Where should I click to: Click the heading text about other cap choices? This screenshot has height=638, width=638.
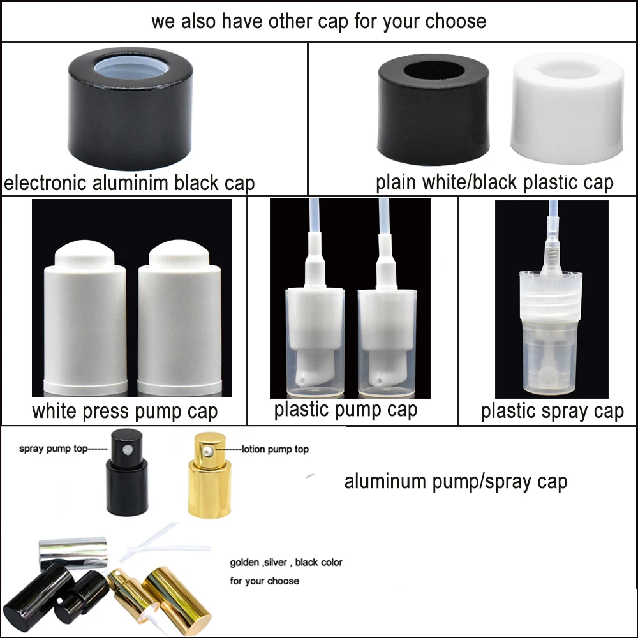(x=318, y=21)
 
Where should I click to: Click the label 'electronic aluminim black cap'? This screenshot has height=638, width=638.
(x=130, y=183)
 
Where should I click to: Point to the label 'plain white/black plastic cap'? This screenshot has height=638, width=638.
(x=494, y=182)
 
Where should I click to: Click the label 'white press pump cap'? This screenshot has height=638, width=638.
(x=124, y=411)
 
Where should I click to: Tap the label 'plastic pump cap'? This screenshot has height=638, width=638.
(x=345, y=409)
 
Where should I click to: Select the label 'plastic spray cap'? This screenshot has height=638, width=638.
(x=552, y=411)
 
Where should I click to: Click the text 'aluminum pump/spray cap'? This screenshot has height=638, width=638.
(x=456, y=481)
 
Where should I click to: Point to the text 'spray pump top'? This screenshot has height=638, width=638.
(x=61, y=449)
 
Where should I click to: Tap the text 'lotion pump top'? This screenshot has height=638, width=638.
(x=274, y=449)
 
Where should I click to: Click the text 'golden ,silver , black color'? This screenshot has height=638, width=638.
(x=286, y=562)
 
